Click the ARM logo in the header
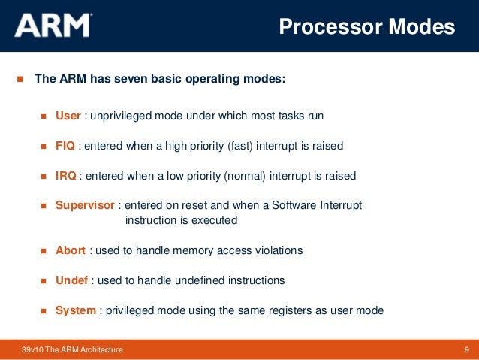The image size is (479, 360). click(53, 27)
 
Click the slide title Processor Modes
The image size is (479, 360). click(366, 27)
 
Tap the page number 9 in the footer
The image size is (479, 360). click(467, 350)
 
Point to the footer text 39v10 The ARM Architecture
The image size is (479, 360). click(73, 350)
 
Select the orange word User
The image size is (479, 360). click(68, 116)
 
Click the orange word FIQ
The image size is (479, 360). click(65, 146)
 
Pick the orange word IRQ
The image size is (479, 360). click(66, 176)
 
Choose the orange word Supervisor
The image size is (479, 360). click(85, 205)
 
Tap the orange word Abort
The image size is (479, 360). click(71, 250)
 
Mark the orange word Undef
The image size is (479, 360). click(71, 280)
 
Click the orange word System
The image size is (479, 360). click(76, 310)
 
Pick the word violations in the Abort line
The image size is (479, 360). click(277, 250)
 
